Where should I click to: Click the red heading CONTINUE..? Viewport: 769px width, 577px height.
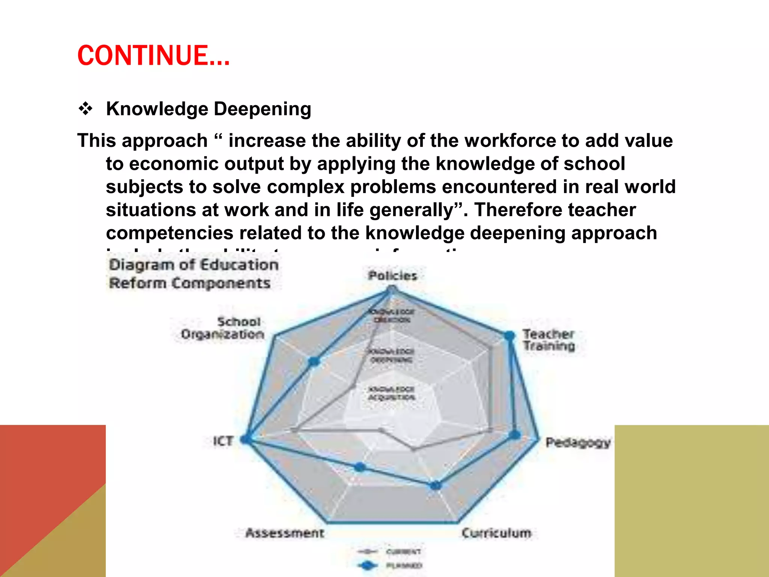click(153, 56)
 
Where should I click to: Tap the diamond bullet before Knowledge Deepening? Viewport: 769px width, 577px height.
click(86, 109)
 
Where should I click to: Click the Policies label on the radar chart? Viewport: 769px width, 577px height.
click(392, 276)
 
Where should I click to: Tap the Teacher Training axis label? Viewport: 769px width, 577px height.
click(549, 340)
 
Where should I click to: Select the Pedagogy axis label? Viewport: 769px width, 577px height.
click(578, 443)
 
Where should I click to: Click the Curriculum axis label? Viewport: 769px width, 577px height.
click(496, 533)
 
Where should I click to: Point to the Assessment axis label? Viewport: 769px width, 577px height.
click(285, 533)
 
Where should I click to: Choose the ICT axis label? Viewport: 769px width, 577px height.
click(223, 441)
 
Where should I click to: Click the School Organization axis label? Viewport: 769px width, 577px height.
click(223, 328)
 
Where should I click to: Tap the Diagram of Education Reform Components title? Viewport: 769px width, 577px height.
click(193, 274)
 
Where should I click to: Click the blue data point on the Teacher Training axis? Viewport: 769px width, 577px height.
click(509, 335)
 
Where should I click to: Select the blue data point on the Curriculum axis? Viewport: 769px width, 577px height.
click(436, 485)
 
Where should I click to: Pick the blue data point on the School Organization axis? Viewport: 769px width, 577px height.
click(314, 361)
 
